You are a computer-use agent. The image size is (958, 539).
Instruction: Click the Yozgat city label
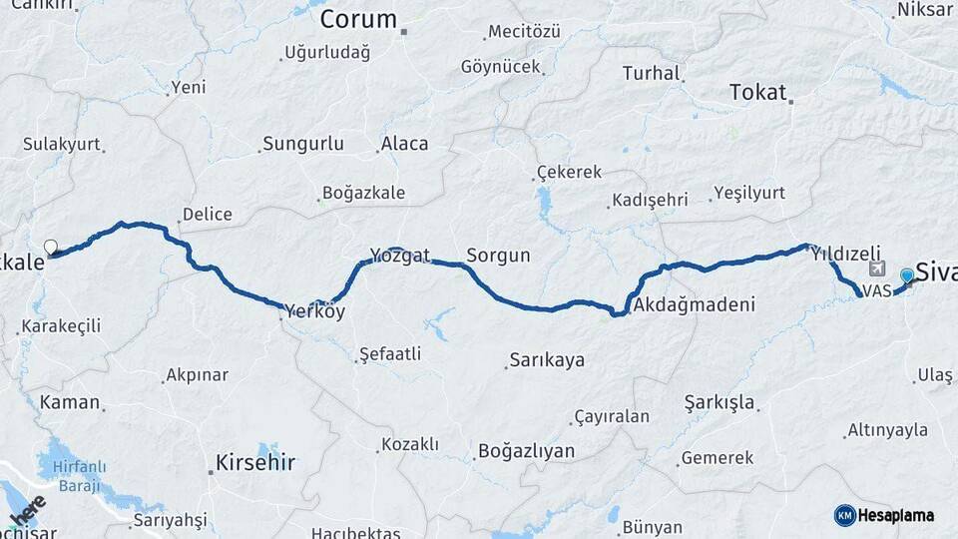tap(399, 256)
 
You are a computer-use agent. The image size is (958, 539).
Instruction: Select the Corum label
tap(358, 19)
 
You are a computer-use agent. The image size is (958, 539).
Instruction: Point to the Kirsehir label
tap(255, 463)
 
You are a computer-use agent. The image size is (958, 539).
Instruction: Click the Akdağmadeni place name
tap(694, 304)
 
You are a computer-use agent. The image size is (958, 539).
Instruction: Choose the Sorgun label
tap(498, 256)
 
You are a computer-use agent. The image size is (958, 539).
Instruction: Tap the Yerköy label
tap(315, 311)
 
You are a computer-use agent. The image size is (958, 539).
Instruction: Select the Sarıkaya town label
tap(546, 360)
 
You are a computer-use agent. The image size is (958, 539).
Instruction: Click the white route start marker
tap(50, 247)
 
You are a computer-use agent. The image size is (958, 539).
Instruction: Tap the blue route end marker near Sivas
tap(906, 275)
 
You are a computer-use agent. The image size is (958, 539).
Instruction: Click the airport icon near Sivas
tap(877, 269)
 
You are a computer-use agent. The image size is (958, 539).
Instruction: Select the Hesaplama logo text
tap(896, 515)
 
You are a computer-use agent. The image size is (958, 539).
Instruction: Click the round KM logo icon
tap(844, 515)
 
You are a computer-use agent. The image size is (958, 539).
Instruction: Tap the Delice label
tap(207, 214)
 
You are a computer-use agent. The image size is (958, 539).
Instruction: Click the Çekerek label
tap(569, 172)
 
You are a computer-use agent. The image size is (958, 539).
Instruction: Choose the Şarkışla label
tap(718, 403)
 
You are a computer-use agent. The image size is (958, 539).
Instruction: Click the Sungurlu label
tap(302, 144)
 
